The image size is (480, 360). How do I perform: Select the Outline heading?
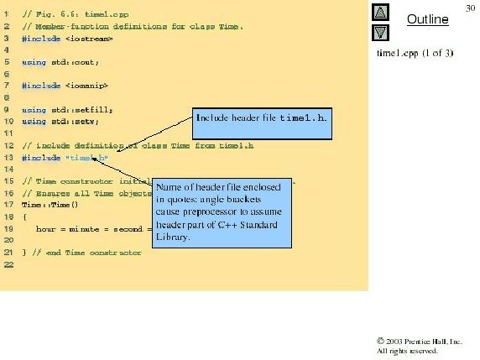[427, 18]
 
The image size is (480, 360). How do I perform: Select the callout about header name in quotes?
[223, 211]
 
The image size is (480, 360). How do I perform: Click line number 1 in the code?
[7, 15]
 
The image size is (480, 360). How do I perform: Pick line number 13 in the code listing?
[7, 157]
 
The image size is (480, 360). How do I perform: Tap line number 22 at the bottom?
[8, 264]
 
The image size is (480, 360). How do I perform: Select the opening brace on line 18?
[25, 217]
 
